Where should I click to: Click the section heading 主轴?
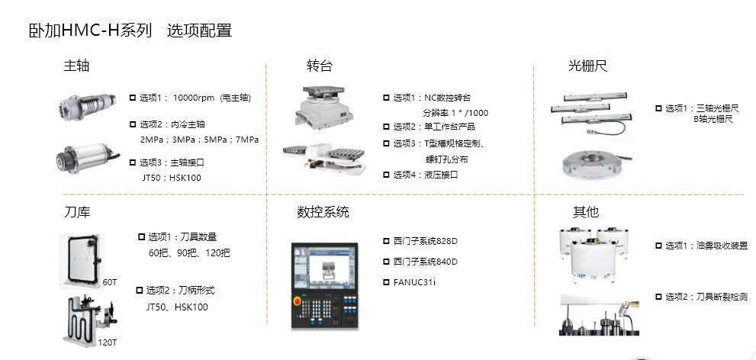point(76,66)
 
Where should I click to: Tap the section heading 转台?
point(319,66)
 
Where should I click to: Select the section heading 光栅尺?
point(587,66)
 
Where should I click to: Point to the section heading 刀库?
point(76,211)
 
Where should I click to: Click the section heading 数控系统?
point(323,211)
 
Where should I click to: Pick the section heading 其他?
point(585,211)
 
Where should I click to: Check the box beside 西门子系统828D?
point(386,241)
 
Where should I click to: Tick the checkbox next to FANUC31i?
point(386,282)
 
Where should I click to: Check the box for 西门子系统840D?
point(386,262)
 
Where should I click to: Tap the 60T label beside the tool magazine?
point(109,282)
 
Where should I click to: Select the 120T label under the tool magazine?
point(107,342)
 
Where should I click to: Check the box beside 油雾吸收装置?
point(658,246)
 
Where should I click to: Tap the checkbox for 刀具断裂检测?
point(658,297)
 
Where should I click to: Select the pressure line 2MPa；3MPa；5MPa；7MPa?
point(199,140)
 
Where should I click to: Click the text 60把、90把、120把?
point(189,252)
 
